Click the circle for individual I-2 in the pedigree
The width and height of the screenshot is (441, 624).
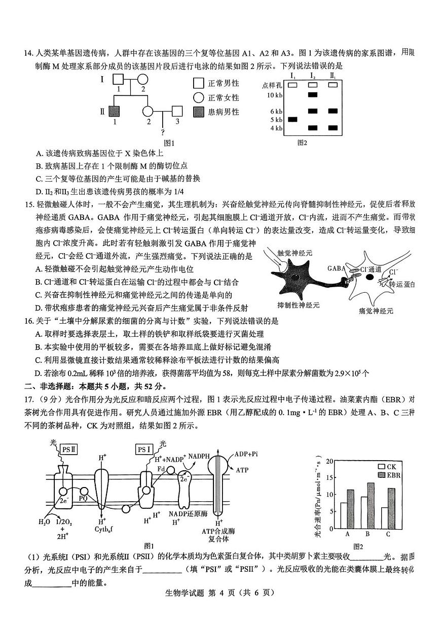[142, 80]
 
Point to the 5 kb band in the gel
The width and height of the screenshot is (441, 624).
[292, 119]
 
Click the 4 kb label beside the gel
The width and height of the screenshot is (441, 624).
[276, 128]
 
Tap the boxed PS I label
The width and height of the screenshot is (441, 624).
[144, 449]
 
